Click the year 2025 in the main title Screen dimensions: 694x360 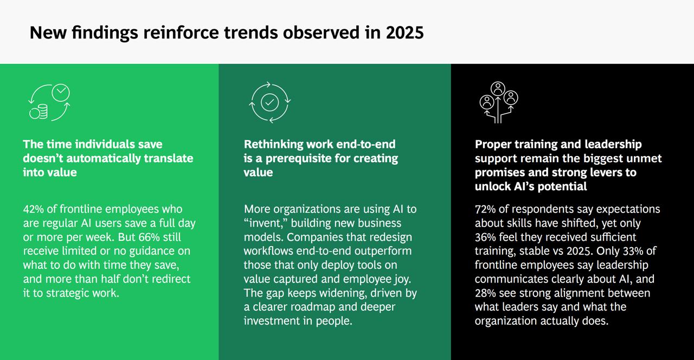[x=404, y=33]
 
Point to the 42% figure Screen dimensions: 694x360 [x=34, y=209]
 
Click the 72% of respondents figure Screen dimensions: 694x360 [x=485, y=209]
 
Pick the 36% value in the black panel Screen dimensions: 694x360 [x=485, y=237]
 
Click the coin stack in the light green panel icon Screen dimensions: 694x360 [x=38, y=112]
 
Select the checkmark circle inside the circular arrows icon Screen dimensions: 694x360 [x=269, y=102]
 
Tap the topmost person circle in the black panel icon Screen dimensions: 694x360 [x=498, y=89]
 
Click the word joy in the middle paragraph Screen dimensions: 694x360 [x=402, y=279]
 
